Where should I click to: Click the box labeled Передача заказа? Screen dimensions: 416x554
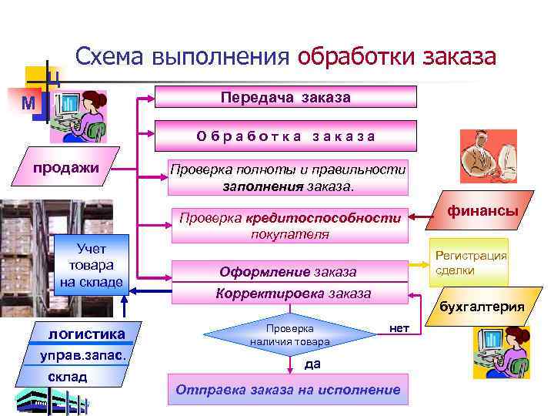pos(285,97)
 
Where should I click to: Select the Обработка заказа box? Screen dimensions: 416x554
pos(285,136)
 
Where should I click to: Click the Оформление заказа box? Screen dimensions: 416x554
pos(288,272)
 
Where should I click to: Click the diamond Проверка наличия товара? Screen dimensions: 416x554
pos(290,334)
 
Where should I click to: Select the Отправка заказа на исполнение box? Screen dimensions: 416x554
pos(288,389)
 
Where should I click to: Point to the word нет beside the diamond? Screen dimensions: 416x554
pos(399,328)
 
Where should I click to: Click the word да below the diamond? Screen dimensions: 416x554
pos(312,364)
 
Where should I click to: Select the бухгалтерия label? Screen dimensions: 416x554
pos(482,307)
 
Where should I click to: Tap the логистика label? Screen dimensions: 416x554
pos(86,334)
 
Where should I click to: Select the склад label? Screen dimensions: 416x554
pos(68,377)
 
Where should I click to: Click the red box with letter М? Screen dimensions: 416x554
pos(28,103)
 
